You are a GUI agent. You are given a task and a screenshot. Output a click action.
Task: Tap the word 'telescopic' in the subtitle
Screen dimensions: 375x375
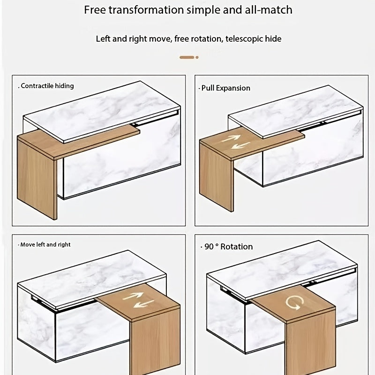point(244,38)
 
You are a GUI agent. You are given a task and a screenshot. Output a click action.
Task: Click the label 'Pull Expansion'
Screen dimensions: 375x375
point(225,88)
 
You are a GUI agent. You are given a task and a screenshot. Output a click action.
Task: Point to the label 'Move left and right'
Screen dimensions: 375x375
point(45,245)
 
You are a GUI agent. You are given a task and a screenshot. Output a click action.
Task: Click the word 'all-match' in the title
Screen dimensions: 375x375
point(271,10)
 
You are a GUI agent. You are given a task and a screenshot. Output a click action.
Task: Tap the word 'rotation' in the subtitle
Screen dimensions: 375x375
point(205,38)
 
